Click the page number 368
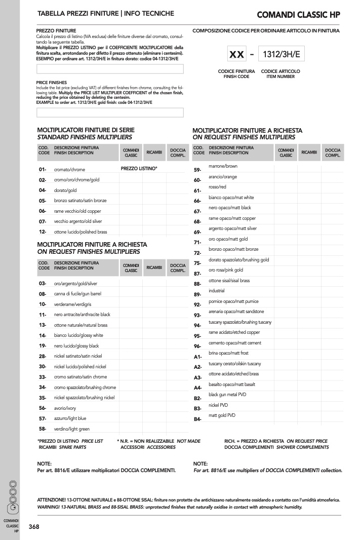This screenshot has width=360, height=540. [x=33, y=527]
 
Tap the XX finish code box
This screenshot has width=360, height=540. [x=236, y=54]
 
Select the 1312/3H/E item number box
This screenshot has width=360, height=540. [x=281, y=54]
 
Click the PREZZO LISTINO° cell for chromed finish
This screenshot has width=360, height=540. [x=139, y=168]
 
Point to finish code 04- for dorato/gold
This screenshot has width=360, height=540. [x=43, y=190]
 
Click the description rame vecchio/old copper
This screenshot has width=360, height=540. [x=77, y=211]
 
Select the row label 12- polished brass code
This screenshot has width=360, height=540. [x=43, y=232]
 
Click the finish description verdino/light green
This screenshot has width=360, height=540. [x=71, y=429]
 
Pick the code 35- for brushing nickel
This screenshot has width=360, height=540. [x=43, y=398]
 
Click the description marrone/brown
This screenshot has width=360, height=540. [x=223, y=166]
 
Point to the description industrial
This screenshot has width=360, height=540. [x=217, y=291]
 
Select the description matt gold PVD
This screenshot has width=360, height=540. [x=222, y=415]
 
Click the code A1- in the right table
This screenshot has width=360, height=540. [x=198, y=357]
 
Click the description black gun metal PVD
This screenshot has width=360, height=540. [x=227, y=395]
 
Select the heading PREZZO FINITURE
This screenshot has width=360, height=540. [x=56, y=31]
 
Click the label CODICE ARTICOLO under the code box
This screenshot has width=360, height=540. [x=281, y=71]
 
